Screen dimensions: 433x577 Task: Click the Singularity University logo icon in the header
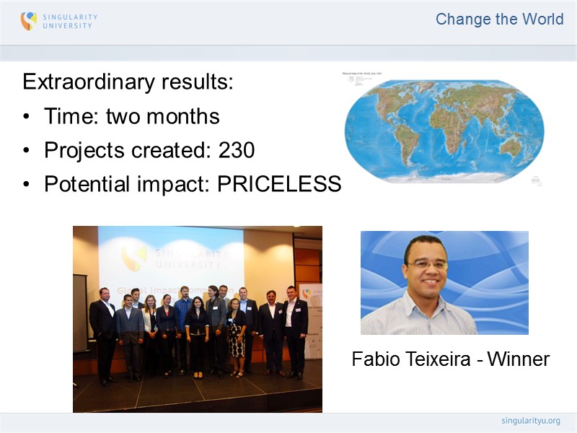click(x=28, y=21)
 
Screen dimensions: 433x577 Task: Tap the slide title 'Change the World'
click(x=499, y=19)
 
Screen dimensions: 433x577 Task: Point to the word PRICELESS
click(x=279, y=185)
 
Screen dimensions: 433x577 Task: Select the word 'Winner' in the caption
click(x=518, y=359)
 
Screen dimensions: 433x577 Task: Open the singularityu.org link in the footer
click(x=530, y=421)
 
